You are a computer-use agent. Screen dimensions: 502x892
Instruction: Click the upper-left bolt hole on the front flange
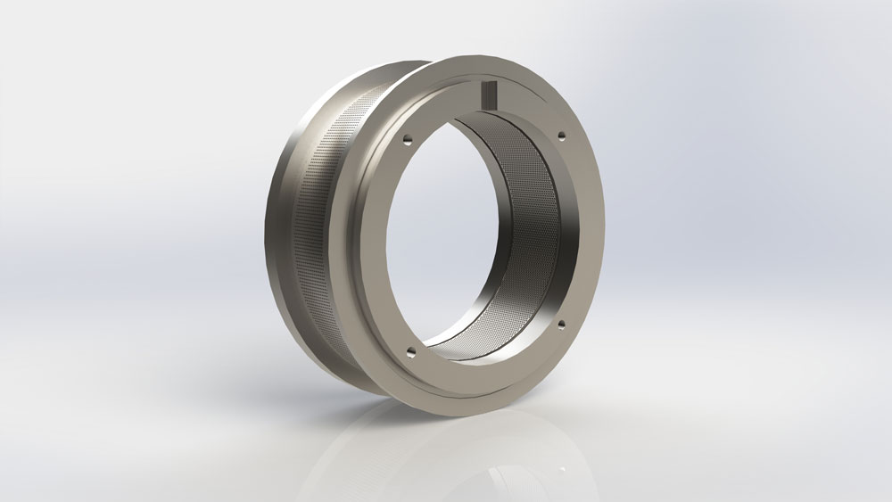(x=407, y=139)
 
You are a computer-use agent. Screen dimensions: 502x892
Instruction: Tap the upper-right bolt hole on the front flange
(x=562, y=136)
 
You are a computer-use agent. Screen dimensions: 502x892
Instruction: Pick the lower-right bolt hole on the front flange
(x=562, y=326)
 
